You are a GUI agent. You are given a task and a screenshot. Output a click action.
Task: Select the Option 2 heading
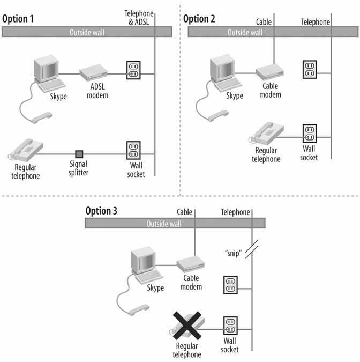click(x=200, y=19)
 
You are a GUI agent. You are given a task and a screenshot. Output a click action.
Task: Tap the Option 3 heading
click(x=101, y=210)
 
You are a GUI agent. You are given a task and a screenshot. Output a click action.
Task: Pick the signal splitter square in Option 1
click(x=79, y=154)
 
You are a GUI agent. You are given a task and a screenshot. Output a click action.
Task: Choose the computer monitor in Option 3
click(x=142, y=265)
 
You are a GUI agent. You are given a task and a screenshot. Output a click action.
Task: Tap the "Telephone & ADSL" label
click(x=139, y=17)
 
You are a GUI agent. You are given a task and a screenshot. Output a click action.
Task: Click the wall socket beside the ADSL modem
click(x=134, y=70)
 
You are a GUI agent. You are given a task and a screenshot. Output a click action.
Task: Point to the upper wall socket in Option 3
click(x=230, y=285)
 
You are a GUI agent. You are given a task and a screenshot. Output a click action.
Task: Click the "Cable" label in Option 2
click(x=265, y=22)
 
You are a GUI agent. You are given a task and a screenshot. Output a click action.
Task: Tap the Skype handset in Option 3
click(x=139, y=309)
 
